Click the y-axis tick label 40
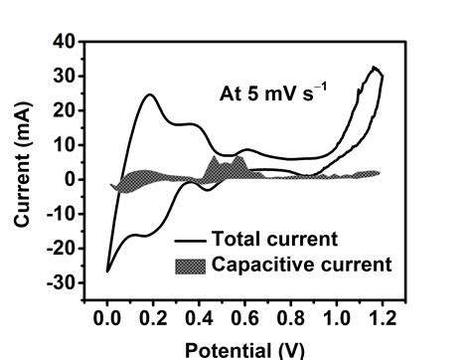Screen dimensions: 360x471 tap(64, 43)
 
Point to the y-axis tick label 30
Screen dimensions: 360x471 tap(64, 77)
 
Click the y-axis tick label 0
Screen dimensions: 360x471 tap(69, 180)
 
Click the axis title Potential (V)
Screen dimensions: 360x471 tap(242, 347)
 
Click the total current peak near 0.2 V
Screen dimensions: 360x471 tap(151, 95)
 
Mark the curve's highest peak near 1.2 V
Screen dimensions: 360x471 tap(375, 68)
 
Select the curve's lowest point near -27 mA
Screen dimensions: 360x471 tap(107, 270)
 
